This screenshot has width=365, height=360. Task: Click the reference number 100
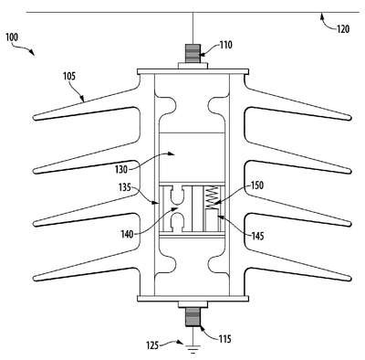pyautogui.click(x=12, y=37)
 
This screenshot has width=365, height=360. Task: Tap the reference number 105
pyautogui.click(x=69, y=76)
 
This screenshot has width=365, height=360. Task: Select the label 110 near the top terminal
pyautogui.click(x=225, y=45)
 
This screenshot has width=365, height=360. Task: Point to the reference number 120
pyautogui.click(x=343, y=29)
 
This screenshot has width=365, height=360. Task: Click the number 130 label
pyautogui.click(x=121, y=169)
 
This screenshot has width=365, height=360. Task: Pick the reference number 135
pyautogui.click(x=125, y=187)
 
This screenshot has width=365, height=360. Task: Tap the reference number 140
pyautogui.click(x=127, y=234)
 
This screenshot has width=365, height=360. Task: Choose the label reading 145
pyautogui.click(x=257, y=236)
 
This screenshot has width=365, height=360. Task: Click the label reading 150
pyautogui.click(x=257, y=185)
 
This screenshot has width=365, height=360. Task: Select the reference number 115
pyautogui.click(x=224, y=339)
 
